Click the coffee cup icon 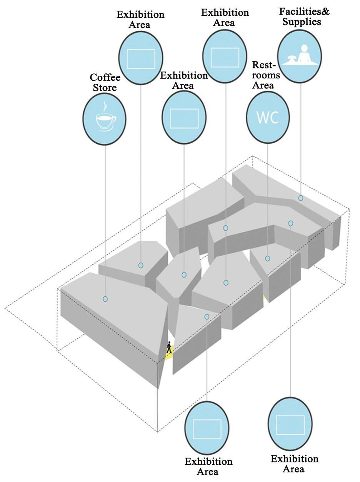(x=105, y=120)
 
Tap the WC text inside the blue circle (x=268, y=117)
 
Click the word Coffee (x=105, y=78)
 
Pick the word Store (x=104, y=88)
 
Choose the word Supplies (x=302, y=22)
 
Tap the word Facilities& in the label (x=304, y=12)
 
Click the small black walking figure (x=169, y=348)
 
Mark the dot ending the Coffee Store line (x=105, y=299)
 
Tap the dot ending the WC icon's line (x=268, y=259)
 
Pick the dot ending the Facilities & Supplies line (x=301, y=198)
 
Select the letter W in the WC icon (x=262, y=117)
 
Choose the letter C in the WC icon (x=274, y=117)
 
